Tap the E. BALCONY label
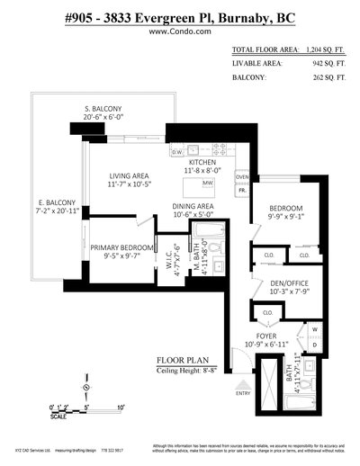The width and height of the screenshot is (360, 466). (57, 203)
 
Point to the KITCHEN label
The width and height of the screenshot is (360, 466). (206, 161)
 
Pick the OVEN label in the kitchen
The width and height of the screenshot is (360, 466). (241, 177)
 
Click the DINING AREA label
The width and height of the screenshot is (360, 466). (193, 206)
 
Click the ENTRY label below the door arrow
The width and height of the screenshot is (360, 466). (243, 392)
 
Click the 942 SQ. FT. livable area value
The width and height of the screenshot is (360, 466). (327, 64)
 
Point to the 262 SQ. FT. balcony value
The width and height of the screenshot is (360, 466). (327, 78)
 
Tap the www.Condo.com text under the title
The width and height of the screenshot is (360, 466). (179, 31)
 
